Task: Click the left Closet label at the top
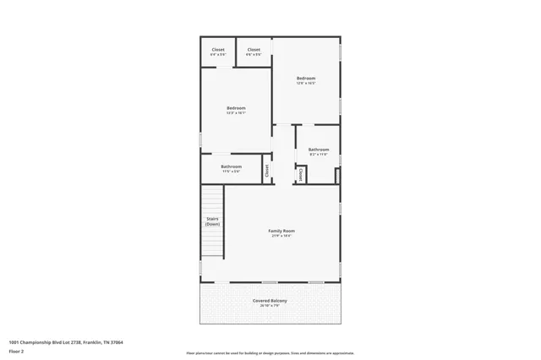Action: (217, 50)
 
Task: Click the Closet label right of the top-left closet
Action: (254, 50)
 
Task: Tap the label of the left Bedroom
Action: (236, 107)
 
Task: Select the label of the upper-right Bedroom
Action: (305, 79)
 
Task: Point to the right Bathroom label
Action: (318, 150)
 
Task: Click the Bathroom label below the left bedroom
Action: (231, 166)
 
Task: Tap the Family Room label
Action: (281, 231)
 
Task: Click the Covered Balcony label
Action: (270, 301)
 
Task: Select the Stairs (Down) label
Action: (213, 221)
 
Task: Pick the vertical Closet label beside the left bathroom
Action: (267, 169)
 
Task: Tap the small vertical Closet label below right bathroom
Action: (300, 173)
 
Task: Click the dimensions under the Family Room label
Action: (281, 236)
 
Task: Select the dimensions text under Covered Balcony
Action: (270, 306)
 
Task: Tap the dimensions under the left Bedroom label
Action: (236, 112)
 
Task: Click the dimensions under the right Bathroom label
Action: (318, 155)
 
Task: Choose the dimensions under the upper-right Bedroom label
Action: (305, 84)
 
